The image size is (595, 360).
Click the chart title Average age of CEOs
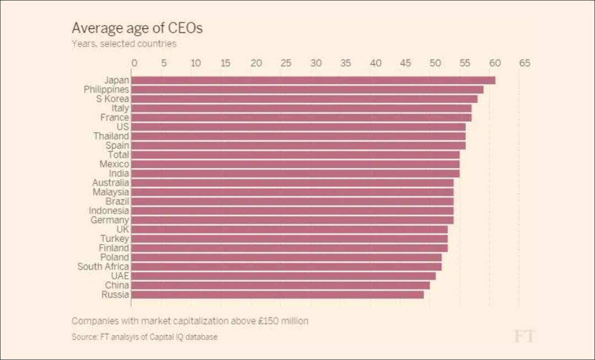[x=137, y=28]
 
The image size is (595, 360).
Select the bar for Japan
[x=313, y=80]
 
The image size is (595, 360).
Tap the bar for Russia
[x=278, y=295]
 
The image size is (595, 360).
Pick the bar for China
[x=281, y=286]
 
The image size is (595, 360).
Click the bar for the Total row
[x=296, y=155]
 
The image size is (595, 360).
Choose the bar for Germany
[x=293, y=220]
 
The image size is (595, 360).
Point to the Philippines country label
[x=106, y=89]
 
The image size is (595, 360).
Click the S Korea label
[x=112, y=99]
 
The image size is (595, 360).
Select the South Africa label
[x=103, y=267]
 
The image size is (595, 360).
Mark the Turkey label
[x=115, y=239]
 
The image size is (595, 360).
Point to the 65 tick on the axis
[x=524, y=63]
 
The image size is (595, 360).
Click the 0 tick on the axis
[x=133, y=63]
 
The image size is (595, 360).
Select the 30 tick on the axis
[x=316, y=63]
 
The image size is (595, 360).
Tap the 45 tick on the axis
[x=405, y=63]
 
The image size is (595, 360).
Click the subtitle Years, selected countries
[x=124, y=44]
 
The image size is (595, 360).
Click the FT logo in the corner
[x=524, y=336]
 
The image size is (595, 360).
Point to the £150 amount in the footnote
[x=270, y=321]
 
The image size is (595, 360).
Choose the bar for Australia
[x=293, y=182]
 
